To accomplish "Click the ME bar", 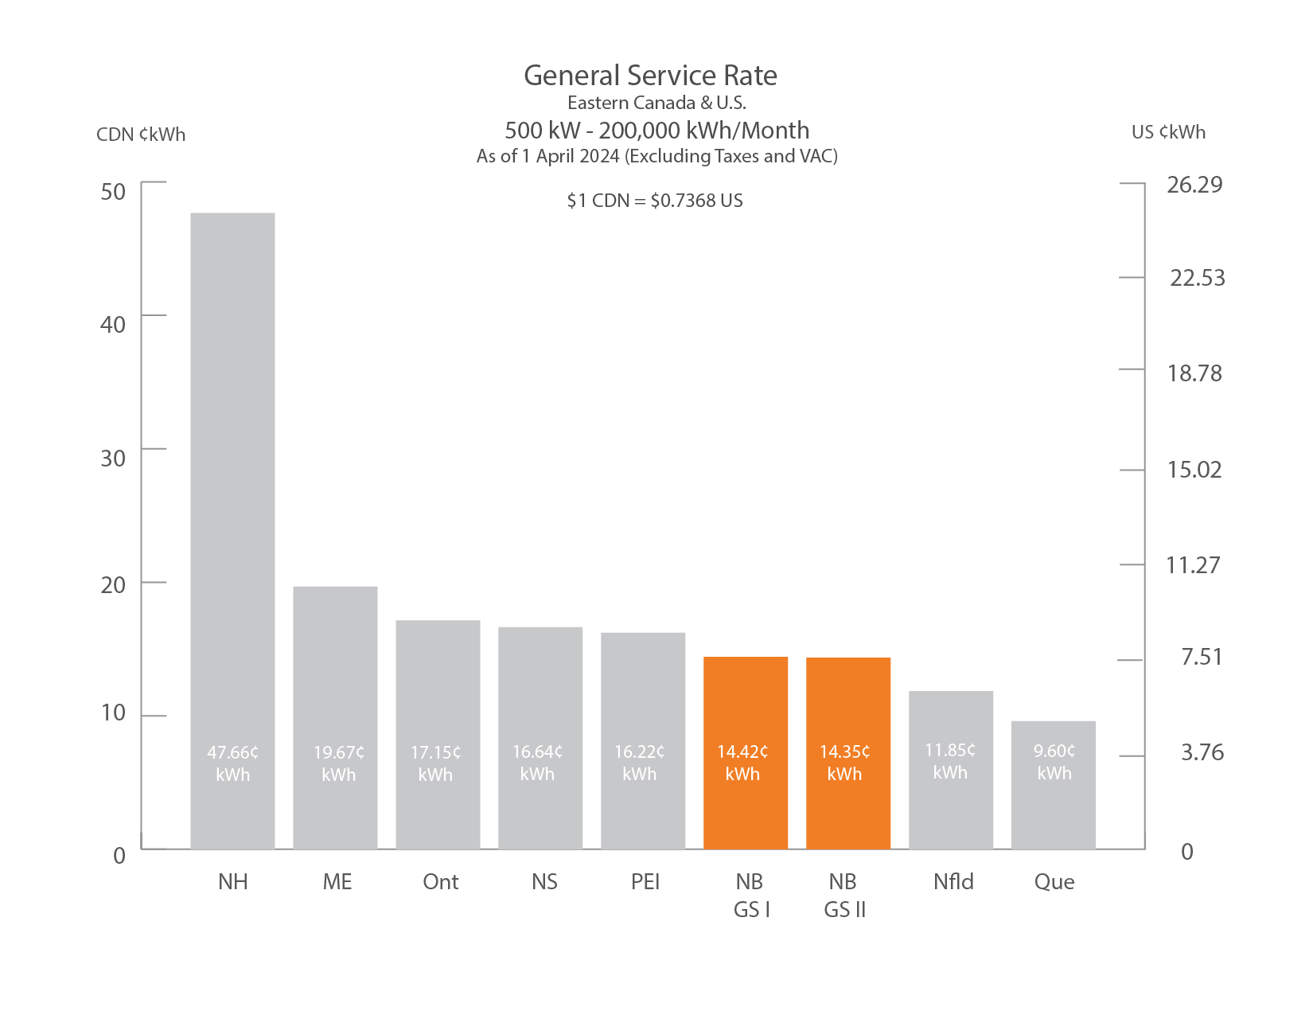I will coord(335,677).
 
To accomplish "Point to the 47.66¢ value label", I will coord(232,763).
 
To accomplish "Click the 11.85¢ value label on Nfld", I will coord(950,761).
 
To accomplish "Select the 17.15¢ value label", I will coord(435,763).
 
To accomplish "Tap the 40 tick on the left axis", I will coord(113,324).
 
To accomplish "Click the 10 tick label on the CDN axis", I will coord(113,712).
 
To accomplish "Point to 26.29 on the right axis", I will coord(1194,185).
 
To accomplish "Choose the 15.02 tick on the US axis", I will coord(1194,470).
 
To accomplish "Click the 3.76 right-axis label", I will coord(1202,752).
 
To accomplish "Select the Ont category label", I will coord(441,882).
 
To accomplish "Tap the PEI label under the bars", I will coord(645,882).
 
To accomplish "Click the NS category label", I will coord(544,882).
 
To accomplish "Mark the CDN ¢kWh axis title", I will coord(141,135).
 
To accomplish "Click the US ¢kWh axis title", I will coord(1168,132).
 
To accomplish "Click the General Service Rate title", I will coord(650,76).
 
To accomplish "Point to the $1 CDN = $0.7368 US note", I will coord(655,201).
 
